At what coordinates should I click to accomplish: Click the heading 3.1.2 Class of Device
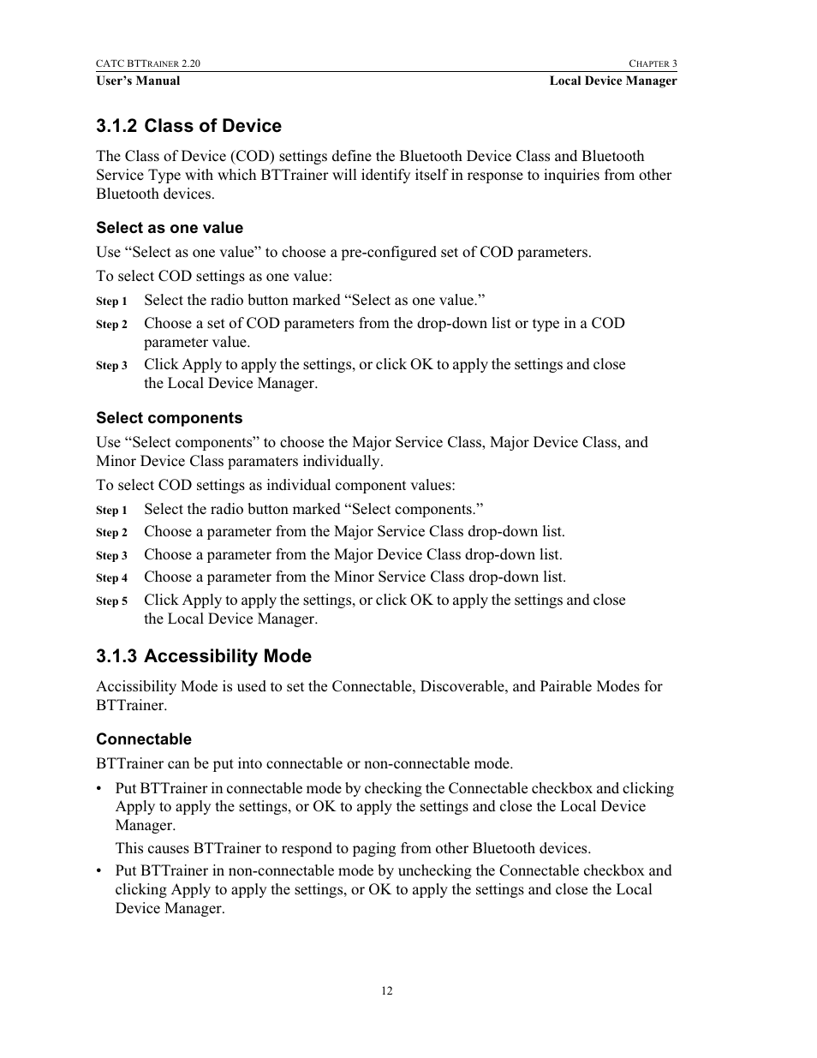pyautogui.click(x=188, y=126)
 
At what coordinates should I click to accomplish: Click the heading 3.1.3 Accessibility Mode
pyautogui.click(x=204, y=656)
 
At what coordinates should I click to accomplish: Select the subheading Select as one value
pyautogui.click(x=170, y=228)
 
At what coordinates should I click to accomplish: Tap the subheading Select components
pyautogui.click(x=170, y=418)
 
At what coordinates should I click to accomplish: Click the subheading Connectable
pyautogui.click(x=144, y=739)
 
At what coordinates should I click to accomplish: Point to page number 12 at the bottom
pyautogui.click(x=387, y=991)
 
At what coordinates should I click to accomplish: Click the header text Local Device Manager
pyautogui.click(x=612, y=81)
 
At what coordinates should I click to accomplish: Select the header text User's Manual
pyautogui.click(x=138, y=81)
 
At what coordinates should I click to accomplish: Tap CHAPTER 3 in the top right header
pyautogui.click(x=653, y=63)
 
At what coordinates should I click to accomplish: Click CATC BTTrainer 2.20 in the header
pyautogui.click(x=148, y=63)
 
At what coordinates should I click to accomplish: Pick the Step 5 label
pyautogui.click(x=111, y=601)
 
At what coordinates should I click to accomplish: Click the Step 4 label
pyautogui.click(x=111, y=578)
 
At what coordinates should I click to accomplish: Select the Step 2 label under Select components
pyautogui.click(x=111, y=533)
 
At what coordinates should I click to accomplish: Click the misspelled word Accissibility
pyautogui.click(x=137, y=686)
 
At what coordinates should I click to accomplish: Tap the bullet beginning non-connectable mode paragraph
pyautogui.click(x=99, y=871)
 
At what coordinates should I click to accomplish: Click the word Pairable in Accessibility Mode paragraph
pyautogui.click(x=569, y=686)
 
